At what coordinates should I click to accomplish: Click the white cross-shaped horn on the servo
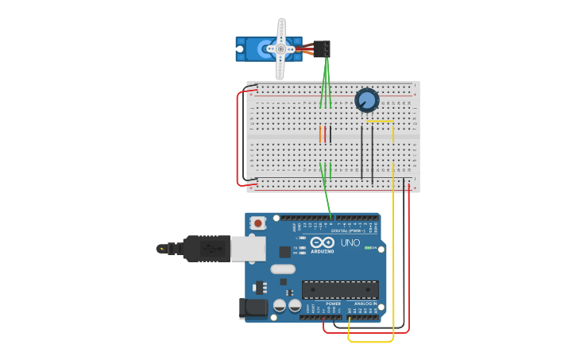(280, 48)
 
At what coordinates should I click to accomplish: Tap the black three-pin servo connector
(322, 48)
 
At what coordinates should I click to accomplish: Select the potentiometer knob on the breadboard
(366, 100)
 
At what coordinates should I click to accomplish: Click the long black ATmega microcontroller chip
(340, 290)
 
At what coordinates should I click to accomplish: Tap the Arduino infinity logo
(323, 242)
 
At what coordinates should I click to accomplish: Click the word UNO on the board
(350, 242)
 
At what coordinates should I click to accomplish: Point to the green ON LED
(368, 248)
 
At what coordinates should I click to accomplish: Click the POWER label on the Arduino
(334, 304)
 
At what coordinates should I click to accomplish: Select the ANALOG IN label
(365, 304)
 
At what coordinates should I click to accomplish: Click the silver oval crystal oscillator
(283, 269)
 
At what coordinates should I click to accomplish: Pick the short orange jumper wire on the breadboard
(320, 134)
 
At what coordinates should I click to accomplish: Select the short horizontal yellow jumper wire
(379, 122)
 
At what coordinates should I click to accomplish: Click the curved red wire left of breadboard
(239, 139)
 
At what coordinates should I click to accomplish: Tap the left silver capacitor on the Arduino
(280, 305)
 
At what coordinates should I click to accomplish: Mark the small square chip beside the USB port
(285, 252)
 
